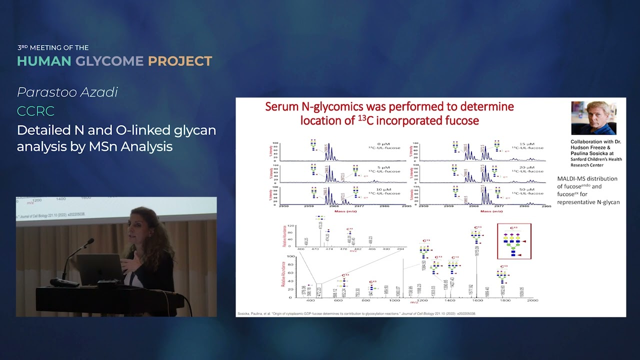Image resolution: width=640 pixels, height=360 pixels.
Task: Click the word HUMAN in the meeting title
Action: pos(44,61)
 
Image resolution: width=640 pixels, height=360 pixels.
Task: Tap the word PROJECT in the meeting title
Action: pos(180,61)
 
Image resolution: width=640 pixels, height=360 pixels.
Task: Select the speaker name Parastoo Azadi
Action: pos(67,92)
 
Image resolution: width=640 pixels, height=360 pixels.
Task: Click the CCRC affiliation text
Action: pos(35,111)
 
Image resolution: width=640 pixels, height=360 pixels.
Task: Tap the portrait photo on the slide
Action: pos(593,118)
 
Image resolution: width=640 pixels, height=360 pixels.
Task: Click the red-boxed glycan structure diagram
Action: pos(514,241)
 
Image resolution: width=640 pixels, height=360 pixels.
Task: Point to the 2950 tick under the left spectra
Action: pos(283,205)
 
